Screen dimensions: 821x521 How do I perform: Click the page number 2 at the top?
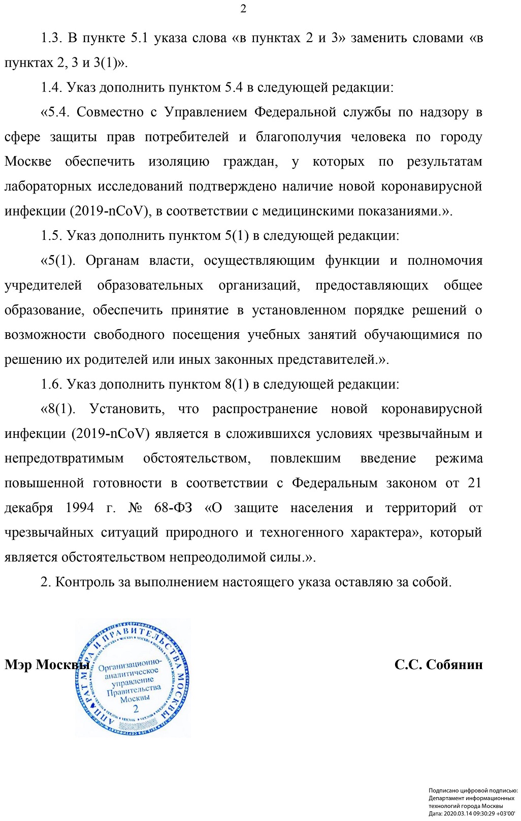point(243,9)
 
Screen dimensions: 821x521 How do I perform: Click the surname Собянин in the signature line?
point(454,665)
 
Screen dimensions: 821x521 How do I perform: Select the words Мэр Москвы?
point(47,665)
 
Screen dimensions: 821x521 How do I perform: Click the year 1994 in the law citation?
point(80,508)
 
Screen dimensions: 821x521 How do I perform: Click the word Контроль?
point(85,582)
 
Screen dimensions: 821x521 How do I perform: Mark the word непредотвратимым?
point(64,458)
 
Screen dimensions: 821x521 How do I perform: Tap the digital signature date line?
point(472,813)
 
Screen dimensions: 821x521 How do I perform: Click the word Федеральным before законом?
point(335,483)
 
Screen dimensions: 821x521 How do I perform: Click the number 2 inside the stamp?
point(136,709)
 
